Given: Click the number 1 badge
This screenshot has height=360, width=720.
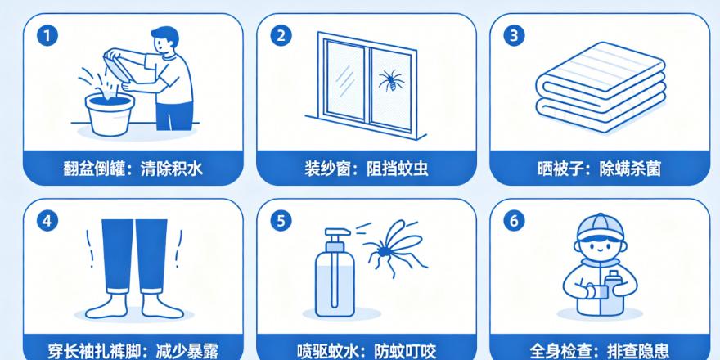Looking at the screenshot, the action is [47, 37].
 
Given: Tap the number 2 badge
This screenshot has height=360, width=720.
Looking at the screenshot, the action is [281, 37].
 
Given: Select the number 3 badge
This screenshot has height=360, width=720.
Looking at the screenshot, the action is [514, 37].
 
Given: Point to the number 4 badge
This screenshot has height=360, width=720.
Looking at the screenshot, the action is [47, 221].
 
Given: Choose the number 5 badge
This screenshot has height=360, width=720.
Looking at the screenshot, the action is [281, 221].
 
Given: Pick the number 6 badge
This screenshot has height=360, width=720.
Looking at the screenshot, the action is [514, 221].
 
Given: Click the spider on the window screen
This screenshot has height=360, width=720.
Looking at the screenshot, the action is [391, 81].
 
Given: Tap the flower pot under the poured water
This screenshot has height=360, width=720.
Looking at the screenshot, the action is [110, 114].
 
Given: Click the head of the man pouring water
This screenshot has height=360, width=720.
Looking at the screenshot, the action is [164, 40].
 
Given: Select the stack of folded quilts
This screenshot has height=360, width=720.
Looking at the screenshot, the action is [601, 88].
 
